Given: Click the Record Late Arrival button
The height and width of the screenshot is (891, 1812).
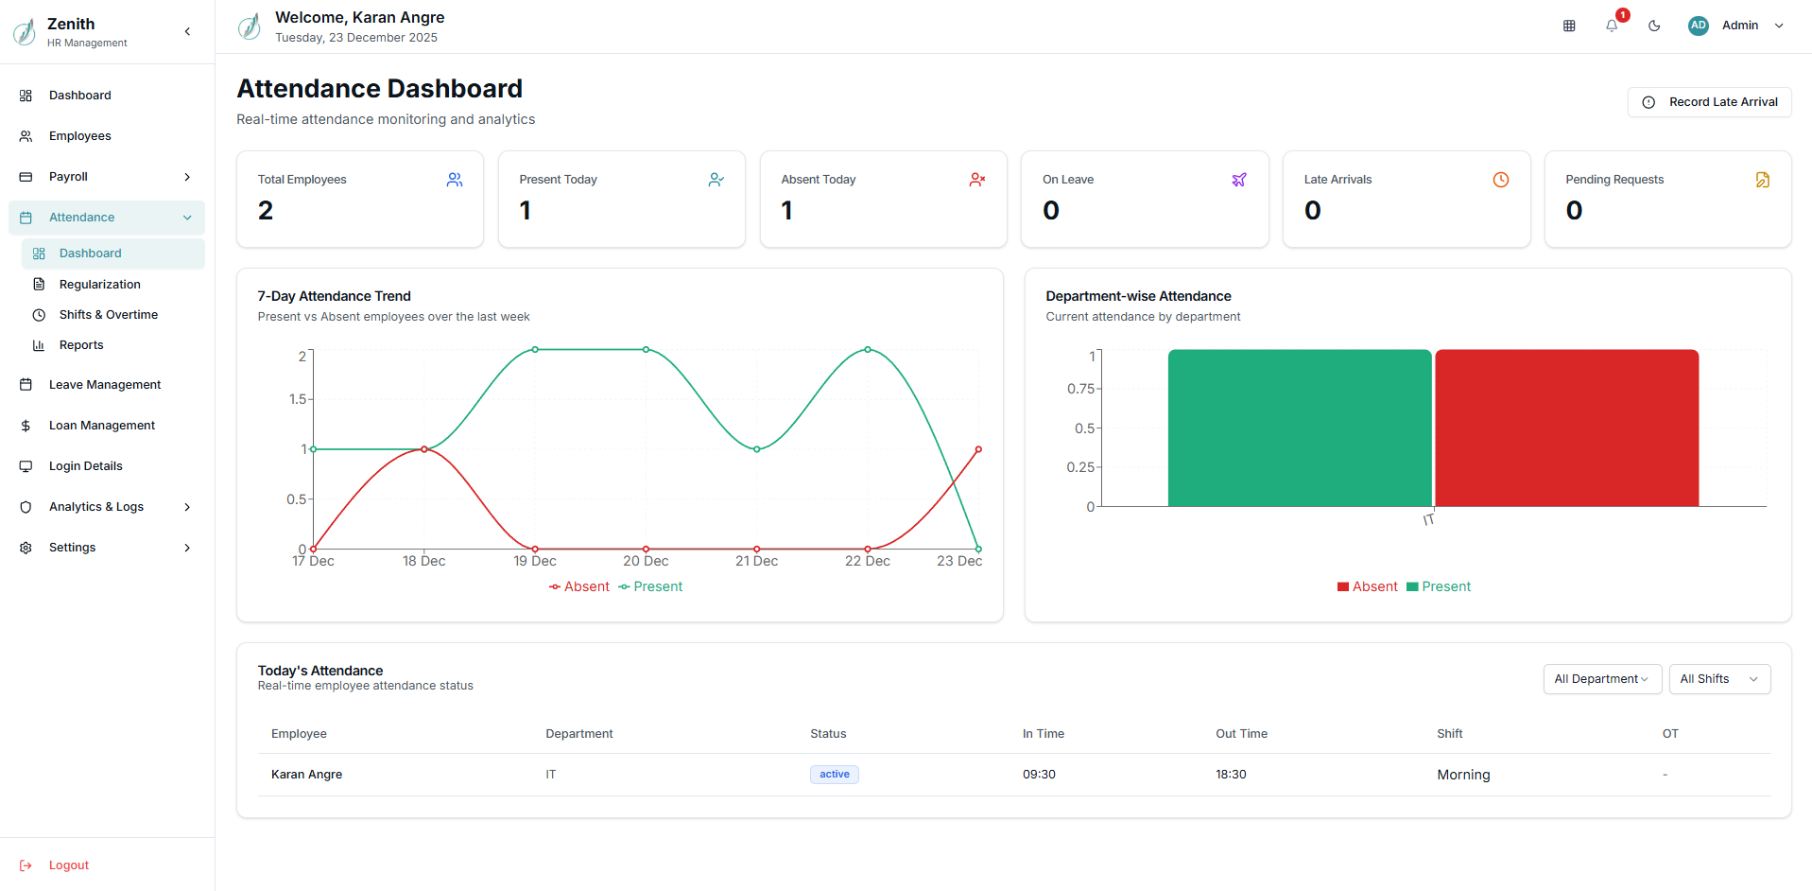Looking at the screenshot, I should tap(1709, 102).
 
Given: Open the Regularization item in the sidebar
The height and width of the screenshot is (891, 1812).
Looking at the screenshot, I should tap(99, 285).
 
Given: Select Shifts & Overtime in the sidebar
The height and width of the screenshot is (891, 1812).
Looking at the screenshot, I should tap(108, 315).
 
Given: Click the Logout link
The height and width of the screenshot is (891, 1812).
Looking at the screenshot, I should tap(68, 865).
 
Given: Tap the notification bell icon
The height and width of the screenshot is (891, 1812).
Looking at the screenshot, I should tap(1612, 26).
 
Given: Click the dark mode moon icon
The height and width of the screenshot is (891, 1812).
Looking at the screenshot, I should tap(1654, 26).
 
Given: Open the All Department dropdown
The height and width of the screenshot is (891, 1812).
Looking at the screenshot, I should tap(1601, 679).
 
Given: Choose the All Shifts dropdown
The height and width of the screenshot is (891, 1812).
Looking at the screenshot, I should tap(1718, 679).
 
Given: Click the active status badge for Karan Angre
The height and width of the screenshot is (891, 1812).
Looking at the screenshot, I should tap(834, 775).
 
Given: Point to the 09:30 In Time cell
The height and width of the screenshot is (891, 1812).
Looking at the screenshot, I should tap(1039, 775).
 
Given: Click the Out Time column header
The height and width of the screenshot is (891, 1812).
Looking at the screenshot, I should tap(1241, 734).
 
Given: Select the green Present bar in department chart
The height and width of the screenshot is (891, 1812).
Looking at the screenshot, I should tap(1299, 428).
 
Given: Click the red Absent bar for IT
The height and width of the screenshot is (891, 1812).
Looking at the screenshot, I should tap(1566, 428).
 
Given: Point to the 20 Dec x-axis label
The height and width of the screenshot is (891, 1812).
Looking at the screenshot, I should tap(646, 561).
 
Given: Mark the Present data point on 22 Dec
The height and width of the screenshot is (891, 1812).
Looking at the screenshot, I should tap(868, 350).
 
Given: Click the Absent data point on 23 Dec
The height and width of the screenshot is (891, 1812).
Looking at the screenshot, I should tap(978, 449).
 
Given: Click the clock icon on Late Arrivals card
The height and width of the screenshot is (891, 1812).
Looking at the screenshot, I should tap(1500, 180).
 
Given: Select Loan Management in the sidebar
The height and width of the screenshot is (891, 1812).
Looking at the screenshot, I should tap(101, 426).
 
